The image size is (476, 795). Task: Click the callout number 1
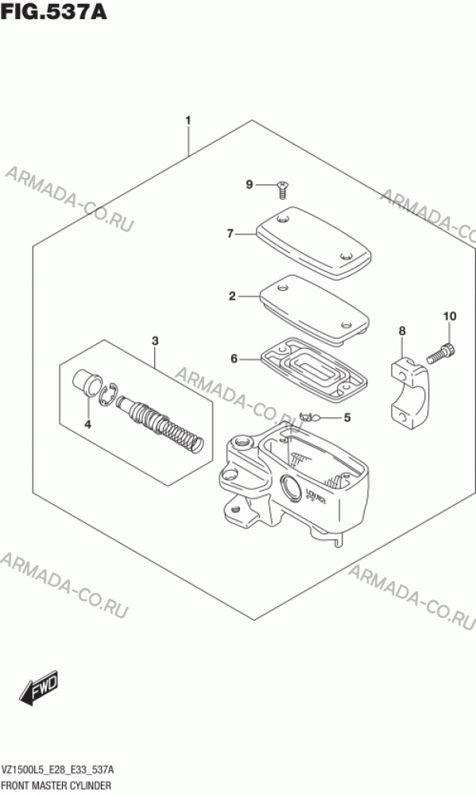[x=188, y=121]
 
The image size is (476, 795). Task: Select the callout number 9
[x=249, y=185]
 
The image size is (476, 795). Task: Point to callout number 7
[x=230, y=234]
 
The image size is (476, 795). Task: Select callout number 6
[x=234, y=359]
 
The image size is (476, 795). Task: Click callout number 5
[x=346, y=418]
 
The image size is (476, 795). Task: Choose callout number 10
[x=450, y=316]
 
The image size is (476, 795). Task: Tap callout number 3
[x=155, y=341]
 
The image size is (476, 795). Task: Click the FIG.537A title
[x=54, y=12]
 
